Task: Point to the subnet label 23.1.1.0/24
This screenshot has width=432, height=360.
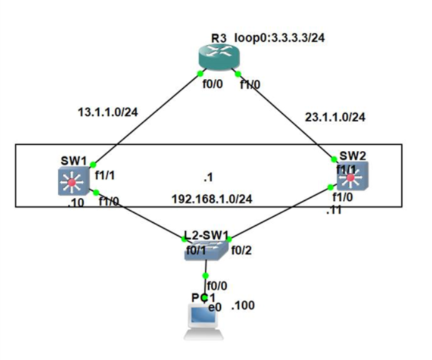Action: coord(335,118)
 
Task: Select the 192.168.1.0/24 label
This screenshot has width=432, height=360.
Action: coord(211,199)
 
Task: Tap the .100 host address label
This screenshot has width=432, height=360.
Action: coord(242,305)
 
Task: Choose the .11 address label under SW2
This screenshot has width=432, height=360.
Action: coord(333,210)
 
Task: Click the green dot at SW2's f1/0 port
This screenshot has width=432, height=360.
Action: coord(330,187)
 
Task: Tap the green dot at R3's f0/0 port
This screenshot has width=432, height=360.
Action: coord(199,73)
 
